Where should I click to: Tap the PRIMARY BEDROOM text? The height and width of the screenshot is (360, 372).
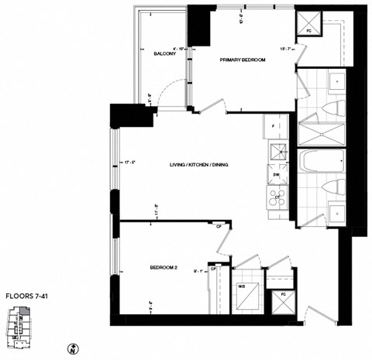coord(243,60)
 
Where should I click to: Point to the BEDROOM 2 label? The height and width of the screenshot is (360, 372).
coord(164,268)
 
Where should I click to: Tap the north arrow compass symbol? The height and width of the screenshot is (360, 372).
coord(94,349)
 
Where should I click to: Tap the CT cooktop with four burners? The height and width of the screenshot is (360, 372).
coord(277,197)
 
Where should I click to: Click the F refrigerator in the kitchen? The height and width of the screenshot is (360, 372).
coord(274,126)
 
